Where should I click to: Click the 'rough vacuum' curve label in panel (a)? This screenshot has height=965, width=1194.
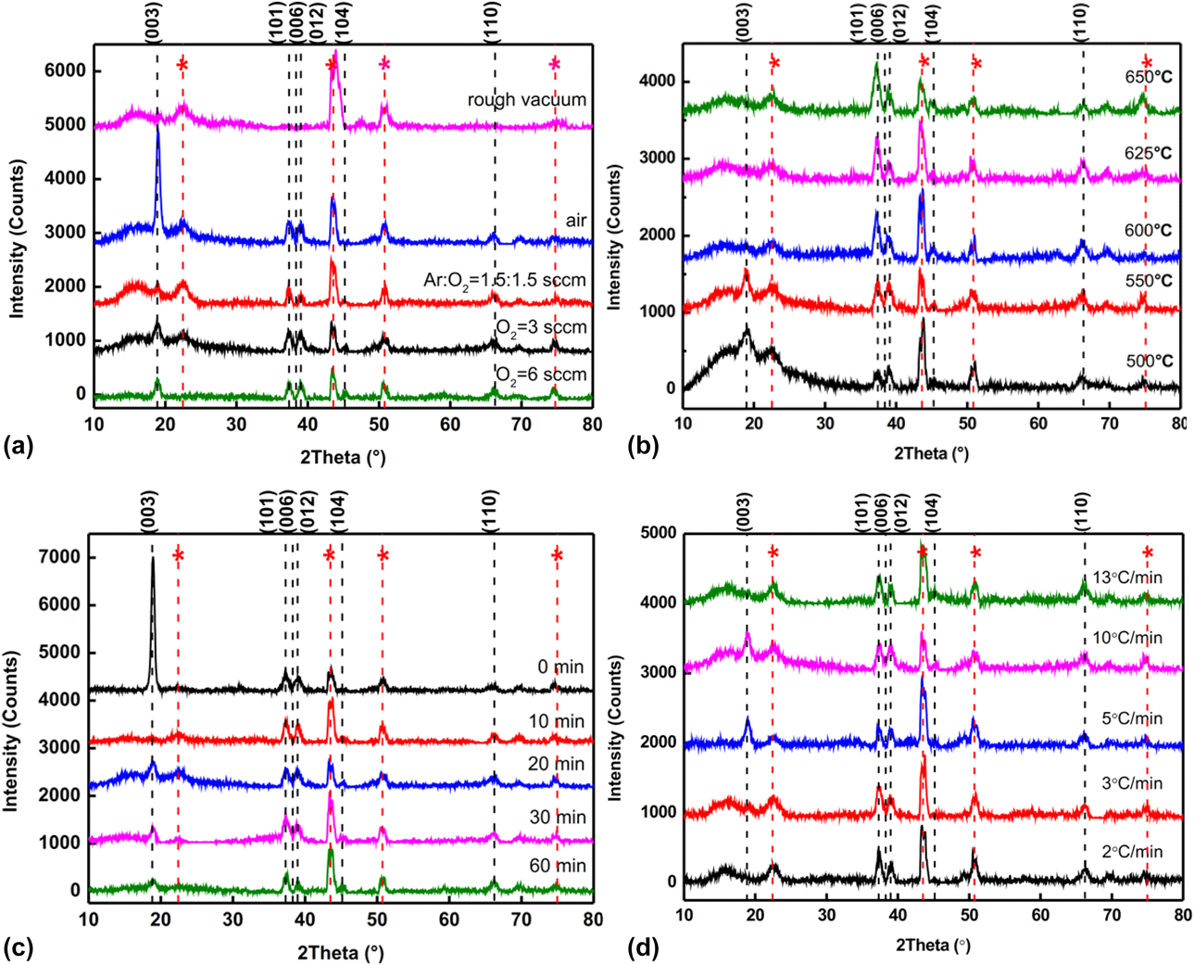click(x=526, y=100)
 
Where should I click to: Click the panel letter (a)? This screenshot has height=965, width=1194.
click(x=19, y=447)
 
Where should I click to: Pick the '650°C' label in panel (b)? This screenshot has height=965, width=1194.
click(x=1146, y=77)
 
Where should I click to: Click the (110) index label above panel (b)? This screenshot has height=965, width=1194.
click(x=1080, y=21)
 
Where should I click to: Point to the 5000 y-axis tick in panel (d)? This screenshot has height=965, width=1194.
click(x=655, y=534)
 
